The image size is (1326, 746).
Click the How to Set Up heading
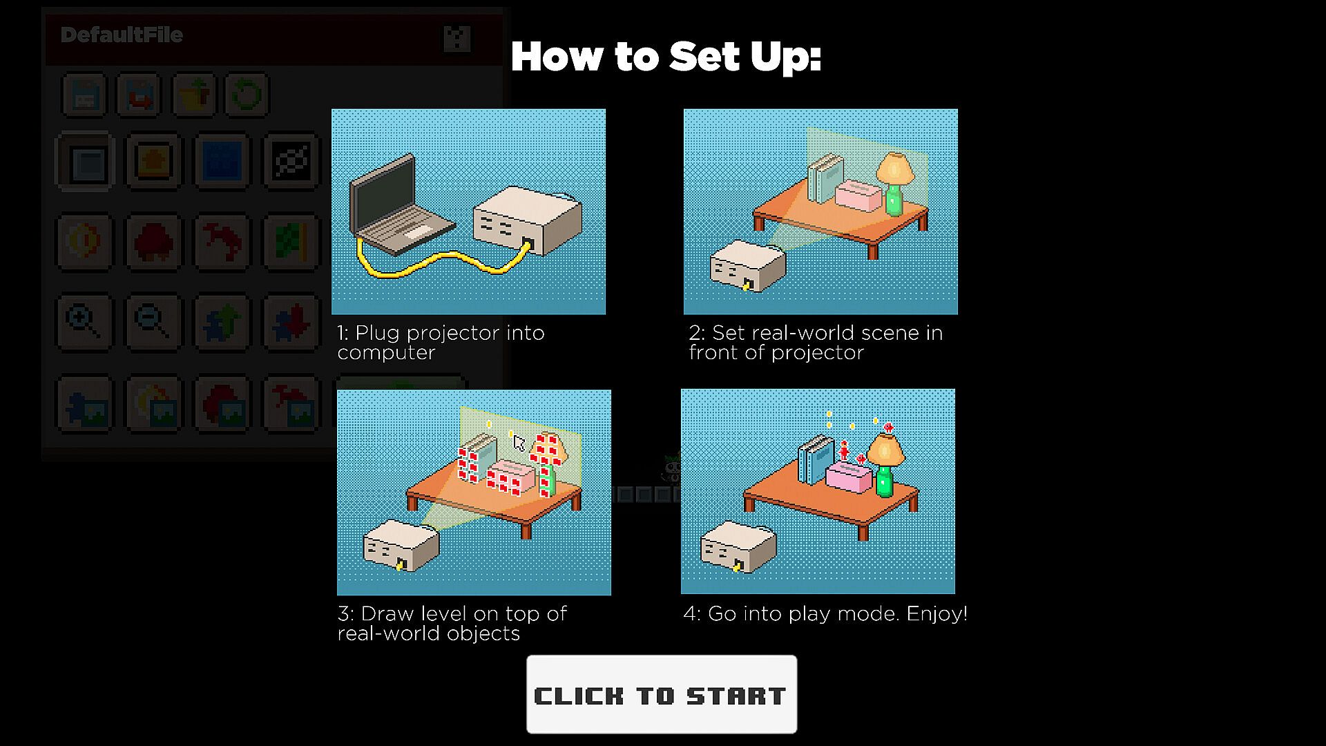(666, 57)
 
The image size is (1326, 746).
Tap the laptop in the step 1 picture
(401, 207)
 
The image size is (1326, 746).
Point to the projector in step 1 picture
(528, 220)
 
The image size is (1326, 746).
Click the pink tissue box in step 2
(858, 195)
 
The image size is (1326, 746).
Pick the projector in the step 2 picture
(748, 266)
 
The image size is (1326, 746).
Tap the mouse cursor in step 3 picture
(519, 442)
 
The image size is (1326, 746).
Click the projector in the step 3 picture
(401, 546)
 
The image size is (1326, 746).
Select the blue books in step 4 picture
(816, 459)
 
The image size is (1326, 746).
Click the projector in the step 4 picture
(738, 547)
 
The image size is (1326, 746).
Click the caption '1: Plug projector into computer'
(441, 343)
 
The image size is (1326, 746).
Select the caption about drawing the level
(452, 624)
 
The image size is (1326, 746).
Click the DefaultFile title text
(122, 35)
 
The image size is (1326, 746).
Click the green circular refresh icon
(247, 95)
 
